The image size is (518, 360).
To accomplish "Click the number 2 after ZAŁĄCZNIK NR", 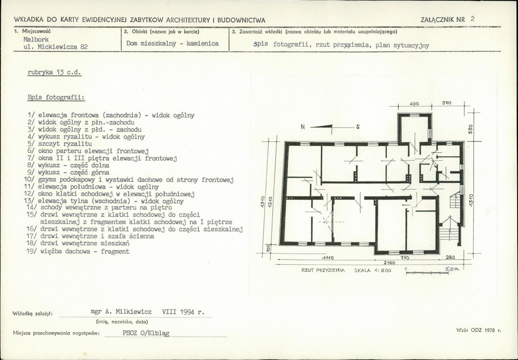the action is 473,19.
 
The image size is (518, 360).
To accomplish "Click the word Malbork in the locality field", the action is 36,39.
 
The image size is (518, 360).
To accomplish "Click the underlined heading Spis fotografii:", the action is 56,97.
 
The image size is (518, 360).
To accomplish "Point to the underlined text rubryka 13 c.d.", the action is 54,72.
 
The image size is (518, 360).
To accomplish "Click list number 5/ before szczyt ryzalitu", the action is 32,144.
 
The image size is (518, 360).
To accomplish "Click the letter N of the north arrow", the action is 303,127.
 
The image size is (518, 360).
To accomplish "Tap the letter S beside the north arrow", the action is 358,127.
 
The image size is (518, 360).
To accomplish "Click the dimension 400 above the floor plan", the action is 414,103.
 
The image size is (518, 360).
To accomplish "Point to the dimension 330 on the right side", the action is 471,129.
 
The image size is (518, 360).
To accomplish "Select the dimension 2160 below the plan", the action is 390,263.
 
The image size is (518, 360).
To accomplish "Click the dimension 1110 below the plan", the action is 328,258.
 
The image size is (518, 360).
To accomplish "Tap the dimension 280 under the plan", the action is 450,257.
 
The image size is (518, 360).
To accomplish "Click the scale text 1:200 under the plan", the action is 383,270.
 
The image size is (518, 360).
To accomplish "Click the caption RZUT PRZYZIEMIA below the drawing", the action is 323,270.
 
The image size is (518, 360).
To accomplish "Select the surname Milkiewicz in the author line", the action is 133,312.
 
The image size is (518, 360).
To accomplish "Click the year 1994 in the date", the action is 187,312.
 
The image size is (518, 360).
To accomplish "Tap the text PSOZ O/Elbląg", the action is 146,333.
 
